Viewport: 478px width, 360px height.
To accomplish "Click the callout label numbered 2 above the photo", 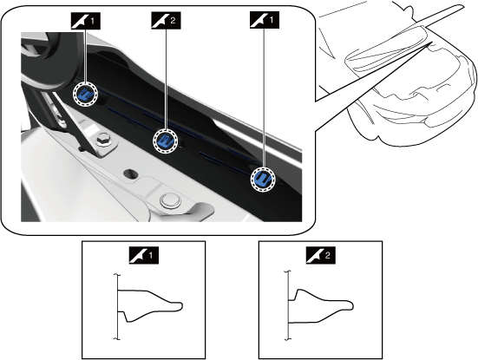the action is (166, 21).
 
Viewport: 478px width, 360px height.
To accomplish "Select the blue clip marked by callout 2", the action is (165, 141).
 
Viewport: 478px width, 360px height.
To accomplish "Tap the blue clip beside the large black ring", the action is (85, 95).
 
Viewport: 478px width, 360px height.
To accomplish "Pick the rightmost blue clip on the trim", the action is (263, 179).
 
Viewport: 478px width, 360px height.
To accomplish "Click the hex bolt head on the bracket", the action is (102, 140).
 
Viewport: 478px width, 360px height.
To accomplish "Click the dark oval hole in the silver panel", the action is (131, 173).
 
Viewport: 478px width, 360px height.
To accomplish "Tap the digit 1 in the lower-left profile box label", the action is (150, 255).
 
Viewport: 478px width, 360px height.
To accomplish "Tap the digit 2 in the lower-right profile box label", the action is (327, 255).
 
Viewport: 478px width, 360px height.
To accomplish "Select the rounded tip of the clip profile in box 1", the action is (181, 306).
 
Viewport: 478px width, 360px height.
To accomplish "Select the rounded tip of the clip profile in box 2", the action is (352, 305).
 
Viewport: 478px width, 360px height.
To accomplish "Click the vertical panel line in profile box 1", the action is (117, 306).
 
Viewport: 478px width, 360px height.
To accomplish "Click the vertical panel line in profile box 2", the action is (288, 304).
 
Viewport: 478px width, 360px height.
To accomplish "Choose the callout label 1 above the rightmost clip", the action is (265, 21).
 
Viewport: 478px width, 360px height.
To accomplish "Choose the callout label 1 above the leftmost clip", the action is (86, 21).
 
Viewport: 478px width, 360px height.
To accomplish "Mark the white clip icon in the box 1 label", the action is (138, 255).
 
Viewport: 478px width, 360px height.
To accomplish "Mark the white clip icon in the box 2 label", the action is (315, 255).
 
